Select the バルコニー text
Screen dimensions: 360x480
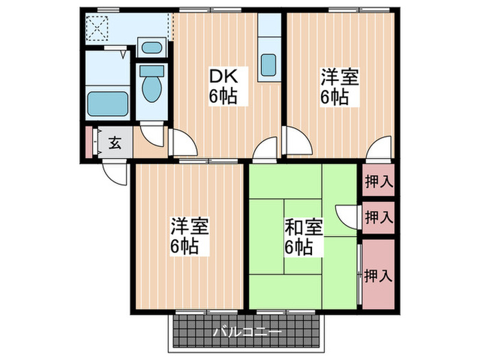coord(246,332)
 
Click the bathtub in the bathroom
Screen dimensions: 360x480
coord(109,103)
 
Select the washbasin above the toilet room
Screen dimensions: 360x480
coord(150,49)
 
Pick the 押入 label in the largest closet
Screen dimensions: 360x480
coord(379,276)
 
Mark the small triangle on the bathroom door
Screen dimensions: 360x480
coord(123,51)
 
